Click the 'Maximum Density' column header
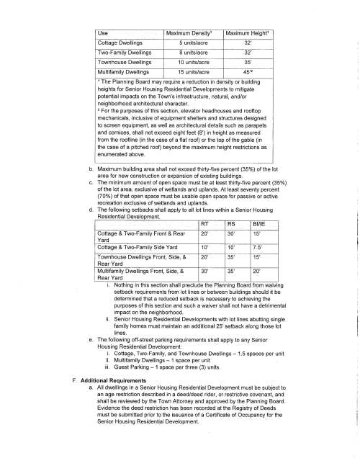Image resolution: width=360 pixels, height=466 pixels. click(x=189, y=32)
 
